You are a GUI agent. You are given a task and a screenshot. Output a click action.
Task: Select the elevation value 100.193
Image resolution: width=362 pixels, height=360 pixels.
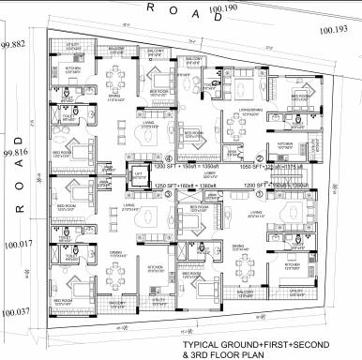coord(333,30)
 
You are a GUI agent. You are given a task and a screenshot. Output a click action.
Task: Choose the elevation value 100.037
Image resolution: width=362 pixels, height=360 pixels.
coord(15,312)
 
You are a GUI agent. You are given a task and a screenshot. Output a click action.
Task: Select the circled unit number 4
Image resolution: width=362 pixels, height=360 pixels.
coord(168,157)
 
